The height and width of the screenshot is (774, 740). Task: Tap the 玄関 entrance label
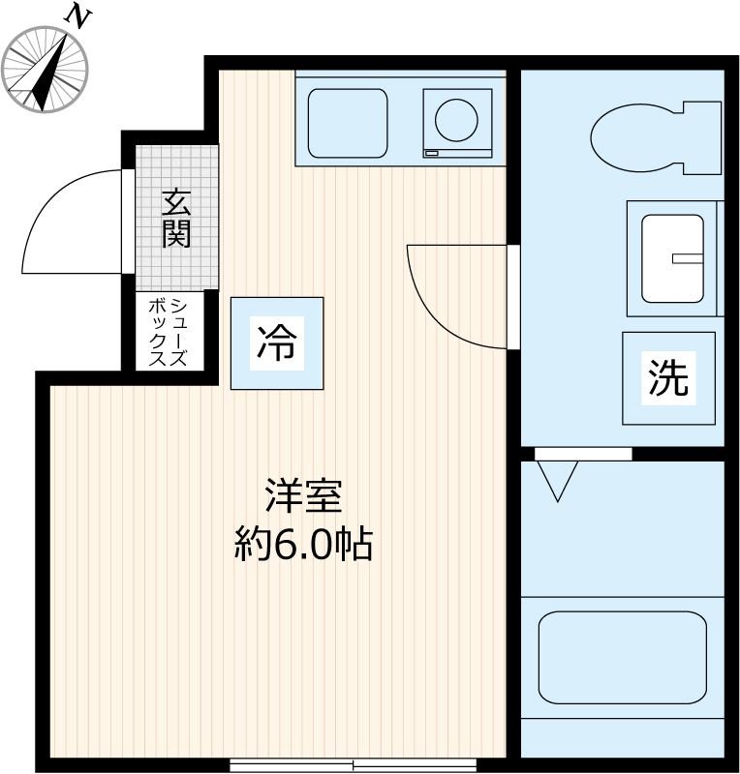(175, 219)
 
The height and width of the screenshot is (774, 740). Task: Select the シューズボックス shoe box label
(166, 331)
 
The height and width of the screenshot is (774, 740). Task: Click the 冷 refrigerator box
(277, 342)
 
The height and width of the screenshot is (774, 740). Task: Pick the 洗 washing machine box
(668, 378)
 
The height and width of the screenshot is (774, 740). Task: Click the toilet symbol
(655, 136)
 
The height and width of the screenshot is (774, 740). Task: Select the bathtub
(623, 657)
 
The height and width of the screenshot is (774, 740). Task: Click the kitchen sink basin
(348, 123)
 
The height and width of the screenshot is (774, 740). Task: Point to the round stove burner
(456, 121)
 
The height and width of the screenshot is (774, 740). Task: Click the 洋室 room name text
(303, 497)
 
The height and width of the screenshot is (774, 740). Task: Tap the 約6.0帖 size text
(303, 547)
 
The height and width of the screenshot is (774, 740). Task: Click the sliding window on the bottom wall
(353, 764)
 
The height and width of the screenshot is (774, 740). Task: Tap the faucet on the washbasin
(687, 258)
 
